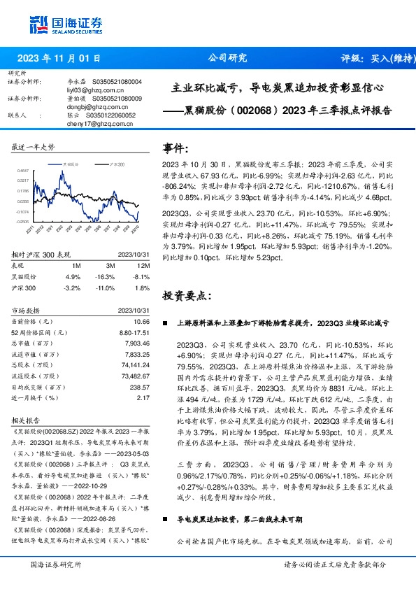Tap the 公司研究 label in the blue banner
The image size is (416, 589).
[228, 59]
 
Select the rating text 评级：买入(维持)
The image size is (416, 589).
[371, 59]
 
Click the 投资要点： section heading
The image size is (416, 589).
[186, 295]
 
